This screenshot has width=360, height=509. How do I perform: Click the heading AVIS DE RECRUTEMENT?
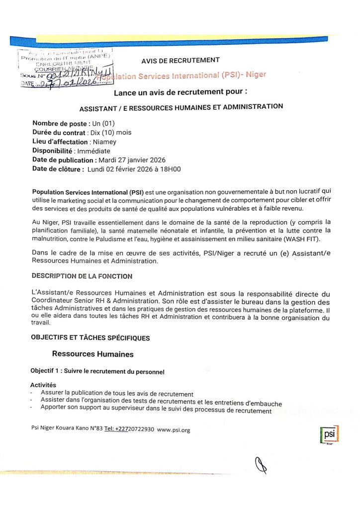180,60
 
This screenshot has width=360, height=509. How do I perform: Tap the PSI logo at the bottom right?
329,435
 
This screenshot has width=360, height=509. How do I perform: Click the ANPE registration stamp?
65,68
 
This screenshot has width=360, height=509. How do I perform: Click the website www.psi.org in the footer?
174,429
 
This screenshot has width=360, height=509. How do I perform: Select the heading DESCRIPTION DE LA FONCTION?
82,276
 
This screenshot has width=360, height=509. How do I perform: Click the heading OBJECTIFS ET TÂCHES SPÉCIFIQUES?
90,338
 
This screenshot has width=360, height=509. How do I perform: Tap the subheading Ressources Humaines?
93,354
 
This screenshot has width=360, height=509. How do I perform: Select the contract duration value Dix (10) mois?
110,133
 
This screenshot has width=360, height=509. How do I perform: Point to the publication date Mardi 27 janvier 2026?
132,160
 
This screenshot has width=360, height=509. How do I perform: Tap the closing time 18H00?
171,169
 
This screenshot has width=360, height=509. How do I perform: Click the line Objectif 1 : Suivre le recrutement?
97,372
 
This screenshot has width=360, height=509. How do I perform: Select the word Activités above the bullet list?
43,385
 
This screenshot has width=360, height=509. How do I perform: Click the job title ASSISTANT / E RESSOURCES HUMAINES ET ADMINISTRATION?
181,107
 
